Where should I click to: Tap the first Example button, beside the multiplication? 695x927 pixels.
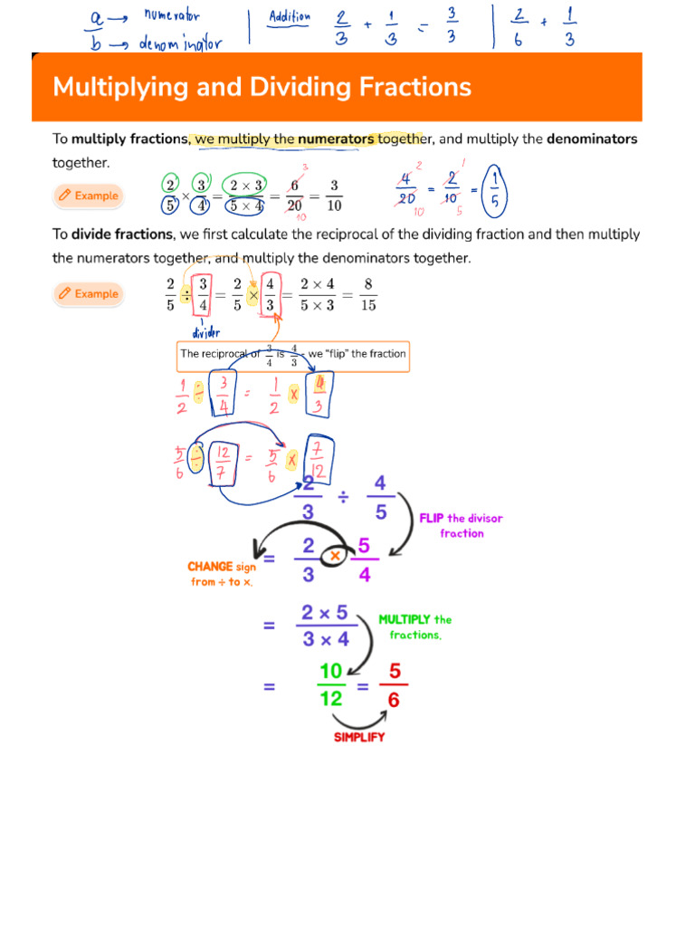[88, 196]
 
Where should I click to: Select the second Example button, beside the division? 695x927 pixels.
[88, 293]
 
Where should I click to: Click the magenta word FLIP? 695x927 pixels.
[432, 519]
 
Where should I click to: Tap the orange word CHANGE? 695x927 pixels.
[211, 567]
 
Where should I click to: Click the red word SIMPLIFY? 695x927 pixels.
[359, 737]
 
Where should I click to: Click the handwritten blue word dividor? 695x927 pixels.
[206, 331]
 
